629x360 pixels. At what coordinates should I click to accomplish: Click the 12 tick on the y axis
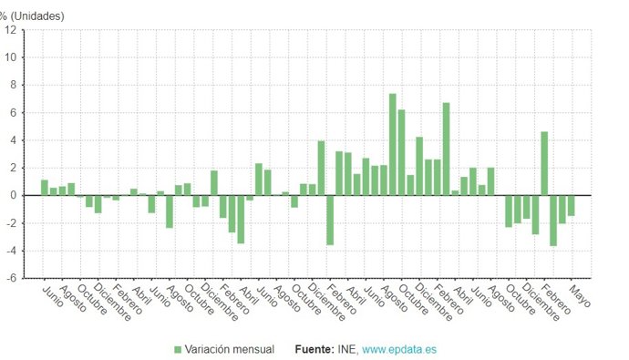pos(11,30)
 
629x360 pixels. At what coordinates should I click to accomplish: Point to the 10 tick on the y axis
pos(11,57)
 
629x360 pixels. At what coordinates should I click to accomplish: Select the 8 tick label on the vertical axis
pos(13,85)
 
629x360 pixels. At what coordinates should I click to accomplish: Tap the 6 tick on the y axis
pos(13,113)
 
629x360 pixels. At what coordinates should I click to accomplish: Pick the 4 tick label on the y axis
pos(13,140)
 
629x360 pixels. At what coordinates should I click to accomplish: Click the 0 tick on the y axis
pos(13,195)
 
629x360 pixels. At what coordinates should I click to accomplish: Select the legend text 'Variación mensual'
pos(230,349)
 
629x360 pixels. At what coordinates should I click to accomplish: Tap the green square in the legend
pos(178,349)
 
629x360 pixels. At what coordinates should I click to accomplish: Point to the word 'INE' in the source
pos(347,349)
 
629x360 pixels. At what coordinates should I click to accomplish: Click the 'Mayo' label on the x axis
pos(578,299)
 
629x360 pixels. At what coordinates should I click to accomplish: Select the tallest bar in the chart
pos(392,144)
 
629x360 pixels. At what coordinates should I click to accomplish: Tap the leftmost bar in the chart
pos(45,188)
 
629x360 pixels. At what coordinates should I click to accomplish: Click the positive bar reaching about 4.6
pos(544,163)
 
